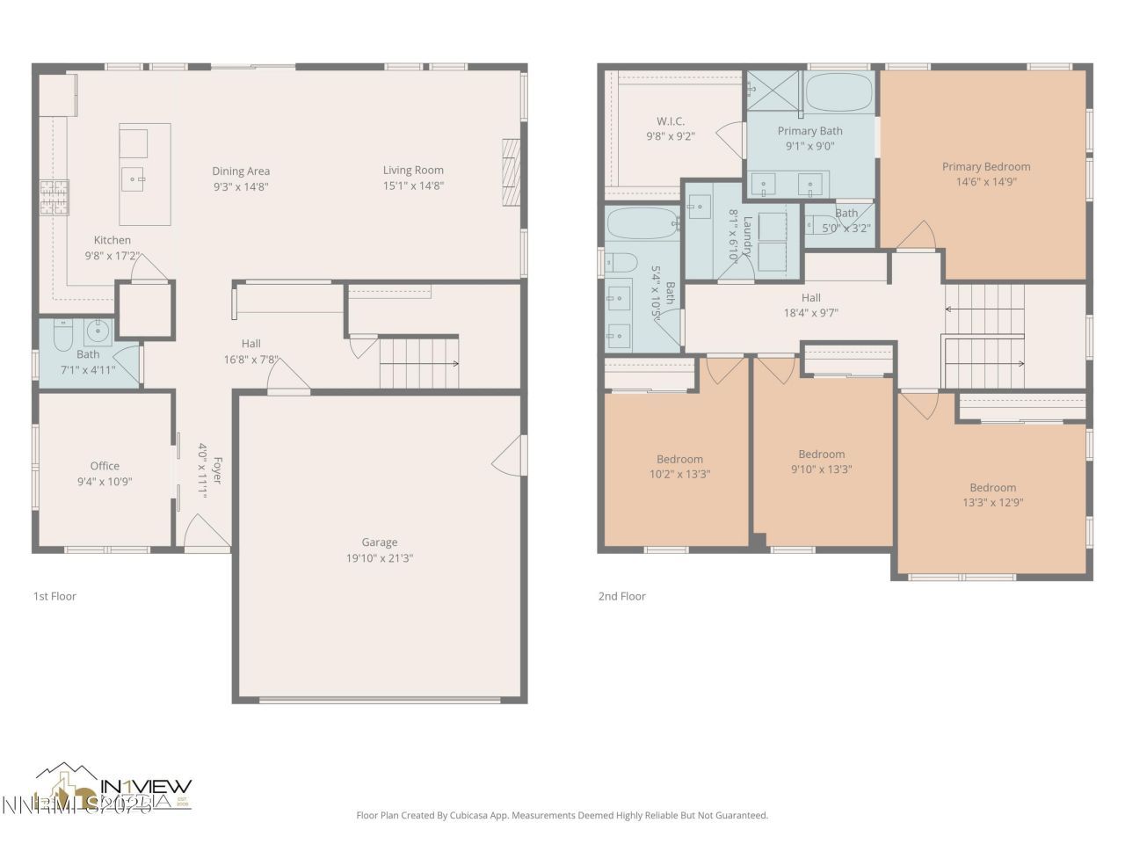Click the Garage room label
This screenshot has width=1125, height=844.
pos(379,542)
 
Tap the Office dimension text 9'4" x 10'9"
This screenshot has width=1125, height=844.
pos(105,482)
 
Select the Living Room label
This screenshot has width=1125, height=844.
pos(413,171)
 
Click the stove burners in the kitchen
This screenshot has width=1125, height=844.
pos(53,198)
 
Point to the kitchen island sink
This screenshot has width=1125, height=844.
pos(134,178)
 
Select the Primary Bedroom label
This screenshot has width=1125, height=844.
pos(986,166)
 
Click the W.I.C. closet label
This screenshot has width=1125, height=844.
pos(671,121)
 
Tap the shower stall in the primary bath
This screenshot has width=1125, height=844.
pos(773,91)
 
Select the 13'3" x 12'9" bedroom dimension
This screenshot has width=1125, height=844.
pos(992,503)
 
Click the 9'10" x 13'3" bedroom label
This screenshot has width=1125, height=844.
pos(821,455)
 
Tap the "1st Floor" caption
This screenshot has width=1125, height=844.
pos(54,596)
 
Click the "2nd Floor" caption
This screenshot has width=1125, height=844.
pos(622,596)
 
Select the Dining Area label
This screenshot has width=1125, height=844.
pos(241,171)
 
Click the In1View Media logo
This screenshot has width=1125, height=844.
pos(114,787)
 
